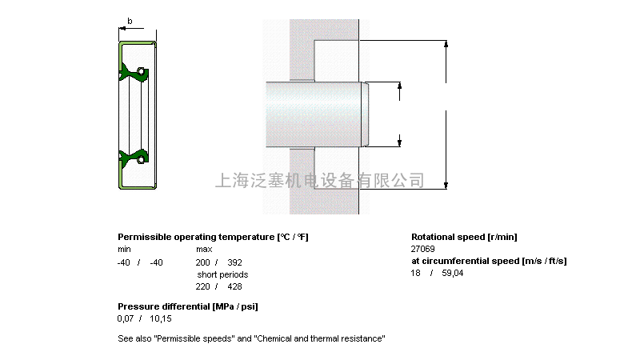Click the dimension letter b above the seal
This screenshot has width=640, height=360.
130,21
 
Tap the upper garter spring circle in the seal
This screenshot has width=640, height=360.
141,72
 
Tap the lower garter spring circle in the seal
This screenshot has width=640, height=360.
141,158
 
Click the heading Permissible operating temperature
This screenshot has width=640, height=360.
196,237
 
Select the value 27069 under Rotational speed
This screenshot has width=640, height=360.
423,249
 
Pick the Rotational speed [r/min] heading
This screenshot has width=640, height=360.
464,237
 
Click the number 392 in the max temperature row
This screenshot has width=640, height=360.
234,262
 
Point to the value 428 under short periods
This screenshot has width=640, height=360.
234,286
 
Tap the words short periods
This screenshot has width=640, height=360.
222,274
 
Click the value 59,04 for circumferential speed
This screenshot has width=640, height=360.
453,273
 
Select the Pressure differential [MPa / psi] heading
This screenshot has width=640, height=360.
188,306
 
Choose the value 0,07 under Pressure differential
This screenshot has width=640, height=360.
126,318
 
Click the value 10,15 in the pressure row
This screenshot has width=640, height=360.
161,318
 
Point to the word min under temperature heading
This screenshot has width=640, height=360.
125,249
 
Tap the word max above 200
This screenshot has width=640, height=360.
204,249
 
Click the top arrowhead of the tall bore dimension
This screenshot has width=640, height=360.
446,44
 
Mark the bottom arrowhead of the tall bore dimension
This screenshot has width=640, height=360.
446,186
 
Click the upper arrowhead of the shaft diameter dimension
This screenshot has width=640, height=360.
399,86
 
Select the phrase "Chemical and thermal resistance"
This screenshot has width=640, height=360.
319,338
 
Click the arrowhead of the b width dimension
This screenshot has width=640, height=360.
122,29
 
